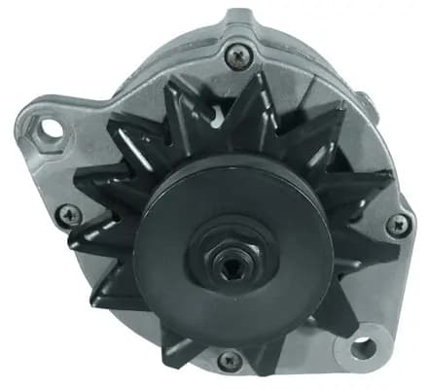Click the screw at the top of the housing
237,55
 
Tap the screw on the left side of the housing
67,215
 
